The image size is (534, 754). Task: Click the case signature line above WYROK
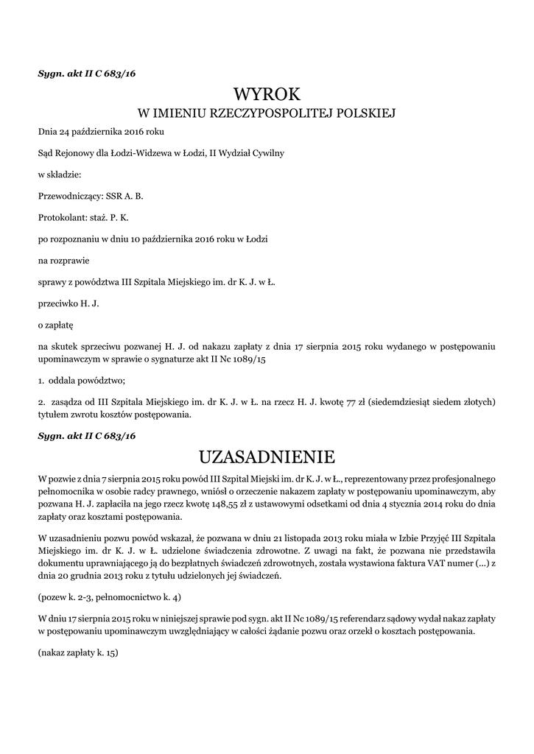coord(87,74)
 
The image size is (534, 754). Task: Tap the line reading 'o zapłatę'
coord(56,324)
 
